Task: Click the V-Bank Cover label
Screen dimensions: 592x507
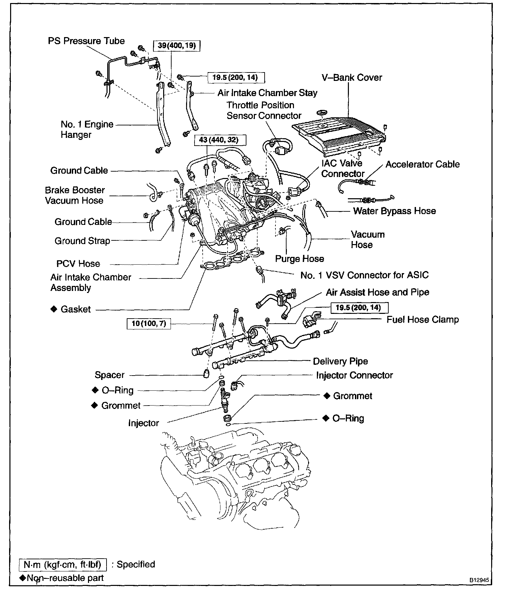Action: pyautogui.click(x=352, y=78)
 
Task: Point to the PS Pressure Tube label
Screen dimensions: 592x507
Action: pyautogui.click(x=86, y=41)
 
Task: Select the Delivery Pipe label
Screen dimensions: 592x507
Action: pyautogui.click(x=340, y=361)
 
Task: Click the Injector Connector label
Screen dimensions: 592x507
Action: pyautogui.click(x=354, y=375)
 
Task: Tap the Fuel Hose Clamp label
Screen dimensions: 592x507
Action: pyautogui.click(x=422, y=320)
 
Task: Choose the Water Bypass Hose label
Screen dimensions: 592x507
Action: pyautogui.click(x=394, y=211)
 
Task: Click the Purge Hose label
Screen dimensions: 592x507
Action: pyautogui.click(x=299, y=259)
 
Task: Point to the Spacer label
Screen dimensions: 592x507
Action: pyautogui.click(x=110, y=375)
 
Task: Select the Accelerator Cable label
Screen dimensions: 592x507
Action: pyautogui.click(x=422, y=165)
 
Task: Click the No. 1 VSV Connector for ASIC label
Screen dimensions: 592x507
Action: pyautogui.click(x=364, y=275)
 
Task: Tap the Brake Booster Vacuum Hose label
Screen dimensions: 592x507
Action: pyautogui.click(x=74, y=195)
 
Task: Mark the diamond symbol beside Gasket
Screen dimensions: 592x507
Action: pyautogui.click(x=54, y=309)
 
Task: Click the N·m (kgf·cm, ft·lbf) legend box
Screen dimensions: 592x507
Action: pyautogui.click(x=63, y=564)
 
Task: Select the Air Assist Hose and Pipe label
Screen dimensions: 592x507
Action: pyautogui.click(x=377, y=292)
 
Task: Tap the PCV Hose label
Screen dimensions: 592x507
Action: pyautogui.click(x=78, y=264)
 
